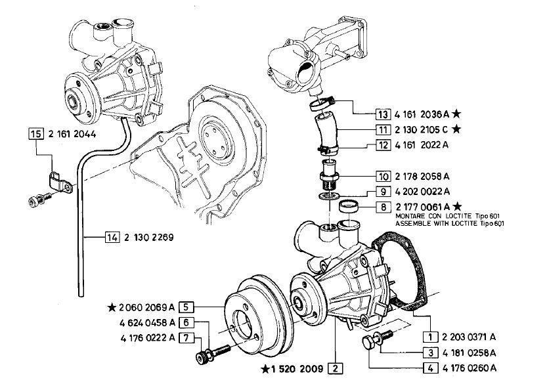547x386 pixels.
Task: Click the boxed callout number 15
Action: click(36, 134)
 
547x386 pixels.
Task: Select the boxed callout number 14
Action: click(112, 238)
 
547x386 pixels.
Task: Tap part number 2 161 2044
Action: click(72, 134)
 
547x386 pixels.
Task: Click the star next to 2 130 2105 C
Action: click(456, 129)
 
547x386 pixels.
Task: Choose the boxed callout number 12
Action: click(383, 145)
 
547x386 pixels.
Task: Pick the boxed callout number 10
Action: click(383, 177)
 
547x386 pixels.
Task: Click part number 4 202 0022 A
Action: click(422, 192)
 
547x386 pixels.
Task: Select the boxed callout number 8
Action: click(383, 207)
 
